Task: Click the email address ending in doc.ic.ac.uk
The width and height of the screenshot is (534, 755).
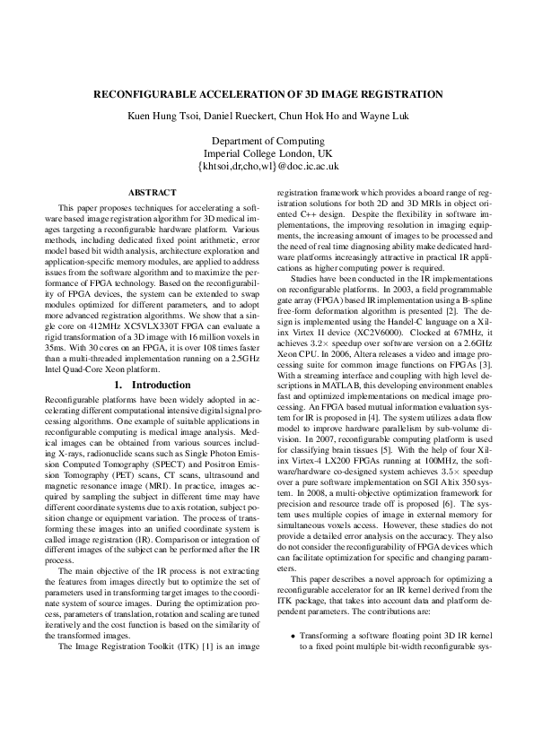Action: pyautogui.click(x=267, y=166)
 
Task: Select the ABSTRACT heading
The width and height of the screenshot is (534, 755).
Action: pyautogui.click(x=153, y=192)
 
